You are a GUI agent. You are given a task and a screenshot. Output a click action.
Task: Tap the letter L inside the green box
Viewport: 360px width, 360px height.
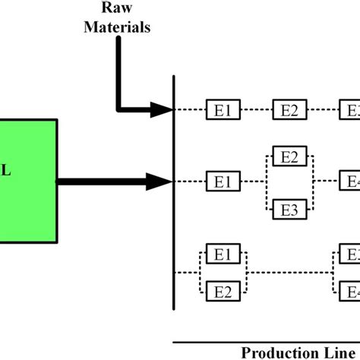(x=5, y=172)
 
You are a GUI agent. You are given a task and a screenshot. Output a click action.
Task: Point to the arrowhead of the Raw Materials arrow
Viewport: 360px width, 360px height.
(x=161, y=110)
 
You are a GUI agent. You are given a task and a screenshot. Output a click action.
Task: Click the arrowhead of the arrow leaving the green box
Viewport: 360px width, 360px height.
(x=161, y=182)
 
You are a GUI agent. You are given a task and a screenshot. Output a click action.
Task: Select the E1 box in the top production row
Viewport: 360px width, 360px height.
(x=223, y=110)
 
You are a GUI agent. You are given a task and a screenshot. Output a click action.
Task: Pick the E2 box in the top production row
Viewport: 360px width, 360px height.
(x=289, y=110)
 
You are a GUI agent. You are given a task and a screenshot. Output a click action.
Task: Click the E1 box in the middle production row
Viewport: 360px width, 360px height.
(x=223, y=182)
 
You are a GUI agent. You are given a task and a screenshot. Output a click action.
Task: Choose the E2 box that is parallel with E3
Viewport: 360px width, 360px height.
(x=289, y=157)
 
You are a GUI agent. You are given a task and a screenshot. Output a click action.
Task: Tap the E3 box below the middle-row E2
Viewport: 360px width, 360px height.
(x=289, y=208)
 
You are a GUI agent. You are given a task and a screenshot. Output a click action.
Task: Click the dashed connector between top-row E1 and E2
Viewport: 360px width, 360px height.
(x=256, y=110)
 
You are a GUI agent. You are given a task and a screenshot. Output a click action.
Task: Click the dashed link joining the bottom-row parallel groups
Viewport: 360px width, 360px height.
(x=289, y=272)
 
